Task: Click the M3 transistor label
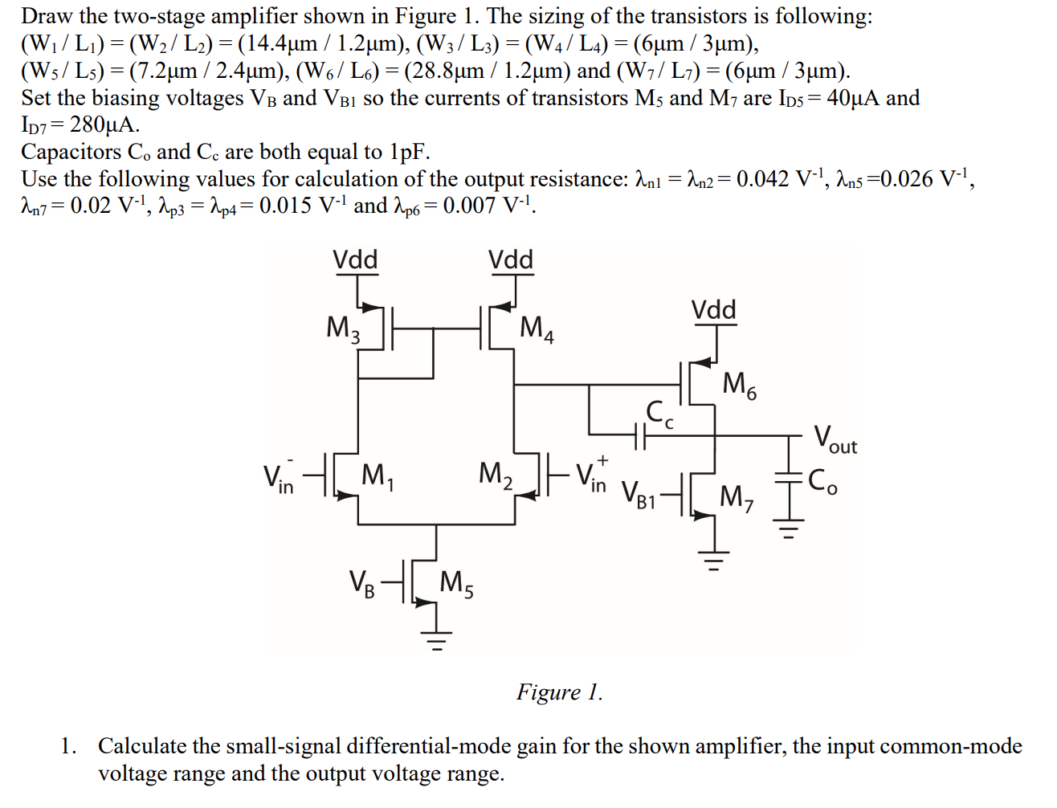coord(343,329)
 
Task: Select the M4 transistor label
coord(537,329)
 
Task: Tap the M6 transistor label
coord(739,385)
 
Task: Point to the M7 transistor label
coord(737,498)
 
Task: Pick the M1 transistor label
coord(377,476)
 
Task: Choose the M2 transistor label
coord(496,475)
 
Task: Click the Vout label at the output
coord(835,439)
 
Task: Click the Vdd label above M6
coord(713,310)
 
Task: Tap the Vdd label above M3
coord(355,259)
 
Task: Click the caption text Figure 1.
coord(559,692)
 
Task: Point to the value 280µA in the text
coord(104,124)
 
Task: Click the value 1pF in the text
coord(410,152)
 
